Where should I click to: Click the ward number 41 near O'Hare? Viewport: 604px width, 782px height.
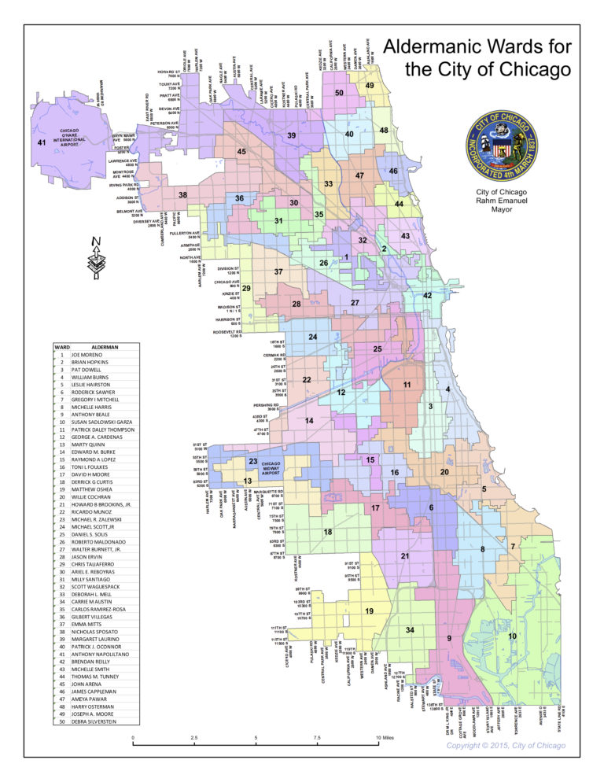(x=42, y=142)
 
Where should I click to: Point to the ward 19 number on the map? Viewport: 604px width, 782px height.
(x=368, y=610)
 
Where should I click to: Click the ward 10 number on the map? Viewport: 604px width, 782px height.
(x=512, y=635)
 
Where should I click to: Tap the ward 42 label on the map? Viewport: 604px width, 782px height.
(x=427, y=295)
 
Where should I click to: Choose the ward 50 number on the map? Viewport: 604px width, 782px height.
(x=339, y=93)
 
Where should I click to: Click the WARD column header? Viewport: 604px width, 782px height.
(x=61, y=346)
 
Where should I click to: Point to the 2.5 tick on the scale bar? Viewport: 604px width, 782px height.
(x=194, y=737)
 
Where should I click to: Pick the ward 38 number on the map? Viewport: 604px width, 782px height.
(x=182, y=194)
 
